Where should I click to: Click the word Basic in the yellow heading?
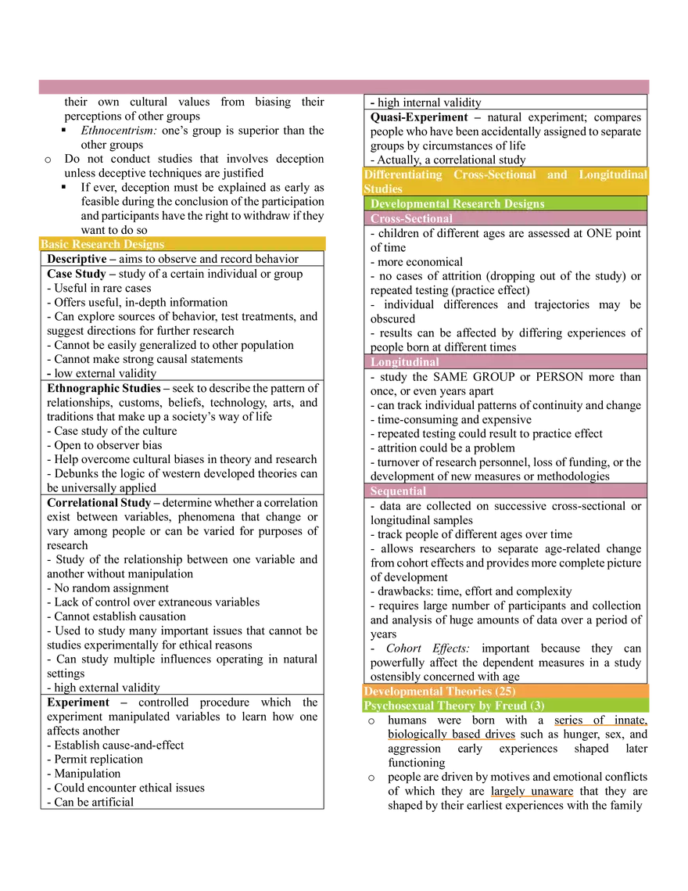tap(55, 244)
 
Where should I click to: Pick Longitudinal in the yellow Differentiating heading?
tap(613, 174)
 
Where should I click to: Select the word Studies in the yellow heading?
tap(383, 189)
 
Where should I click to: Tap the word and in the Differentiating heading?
tap(557, 174)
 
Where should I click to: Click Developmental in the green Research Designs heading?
tap(410, 203)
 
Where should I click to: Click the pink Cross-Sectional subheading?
tap(411, 219)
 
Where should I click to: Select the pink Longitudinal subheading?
tap(404, 362)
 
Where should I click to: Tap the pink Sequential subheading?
tap(398, 491)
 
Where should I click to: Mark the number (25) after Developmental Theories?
tap(505, 692)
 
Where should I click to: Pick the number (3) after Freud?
tap(537, 706)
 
